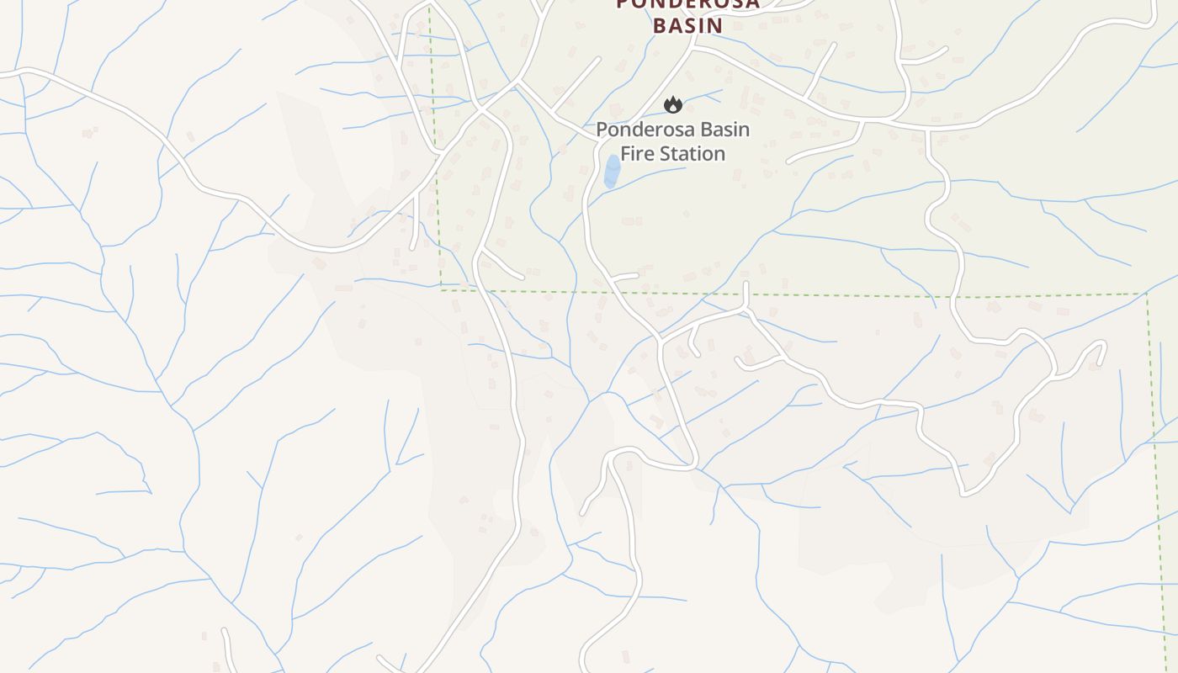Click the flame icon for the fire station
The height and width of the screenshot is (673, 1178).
pyautogui.click(x=672, y=104)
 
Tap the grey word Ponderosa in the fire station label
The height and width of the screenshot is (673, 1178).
pyautogui.click(x=645, y=130)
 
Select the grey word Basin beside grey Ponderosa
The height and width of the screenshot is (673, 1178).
pyautogui.click(x=723, y=130)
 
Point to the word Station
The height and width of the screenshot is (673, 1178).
pyautogui.click(x=694, y=153)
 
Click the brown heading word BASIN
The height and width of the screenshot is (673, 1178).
pyautogui.click(x=687, y=24)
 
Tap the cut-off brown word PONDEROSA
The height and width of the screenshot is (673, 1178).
pyautogui.click(x=687, y=4)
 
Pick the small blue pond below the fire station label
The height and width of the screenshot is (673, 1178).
pyautogui.click(x=613, y=171)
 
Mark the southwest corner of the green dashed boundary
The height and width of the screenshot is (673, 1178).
pyautogui.click(x=442, y=289)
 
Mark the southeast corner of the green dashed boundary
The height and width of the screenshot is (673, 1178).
pyautogui.click(x=1147, y=294)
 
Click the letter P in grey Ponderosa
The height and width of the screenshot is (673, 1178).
pyautogui.click(x=602, y=130)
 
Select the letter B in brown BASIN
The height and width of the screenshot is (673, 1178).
pyautogui.click(x=661, y=24)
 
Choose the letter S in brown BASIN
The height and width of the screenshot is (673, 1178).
pyautogui.click(x=687, y=24)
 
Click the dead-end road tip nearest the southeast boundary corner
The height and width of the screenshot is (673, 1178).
pyautogui.click(x=1103, y=346)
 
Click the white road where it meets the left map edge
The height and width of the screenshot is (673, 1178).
pyautogui.click(x=2, y=73)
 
